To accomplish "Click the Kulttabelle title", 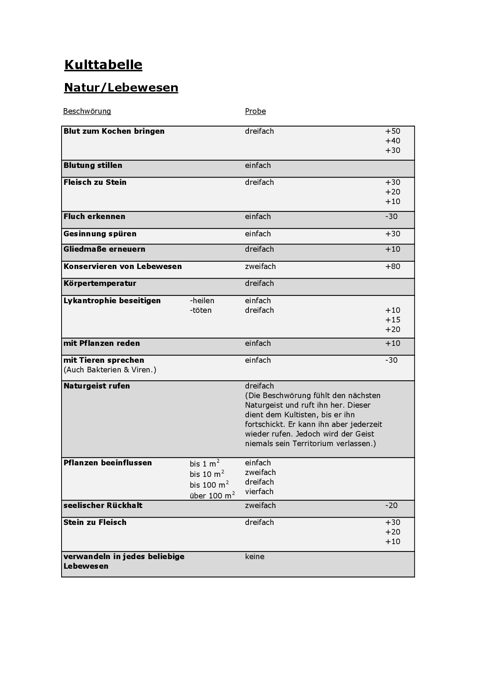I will (x=103, y=65).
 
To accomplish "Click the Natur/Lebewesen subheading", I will (x=121, y=88).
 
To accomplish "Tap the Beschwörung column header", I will (x=87, y=111).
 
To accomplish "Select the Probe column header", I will (x=255, y=111).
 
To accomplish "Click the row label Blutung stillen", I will (x=93, y=166).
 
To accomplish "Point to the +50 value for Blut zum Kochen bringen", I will (x=393, y=131).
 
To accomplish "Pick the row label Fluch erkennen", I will (x=94, y=217).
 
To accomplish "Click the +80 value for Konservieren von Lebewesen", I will (x=393, y=267).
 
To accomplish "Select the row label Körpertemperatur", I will (x=100, y=284).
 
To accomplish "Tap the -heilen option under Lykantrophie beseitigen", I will (x=202, y=301).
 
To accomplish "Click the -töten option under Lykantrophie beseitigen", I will (x=200, y=310).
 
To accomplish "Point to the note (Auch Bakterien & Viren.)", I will (x=110, y=370).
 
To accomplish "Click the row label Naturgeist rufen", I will (x=97, y=386).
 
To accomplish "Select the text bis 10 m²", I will (x=207, y=474).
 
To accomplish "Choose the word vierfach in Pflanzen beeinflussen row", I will (x=259, y=492).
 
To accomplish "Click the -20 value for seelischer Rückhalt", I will (x=391, y=506).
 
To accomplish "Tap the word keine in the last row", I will (x=255, y=557).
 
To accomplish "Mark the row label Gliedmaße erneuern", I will (x=104, y=249).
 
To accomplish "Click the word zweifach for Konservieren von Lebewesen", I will (x=260, y=267).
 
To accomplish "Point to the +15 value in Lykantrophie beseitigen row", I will (x=393, y=320).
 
